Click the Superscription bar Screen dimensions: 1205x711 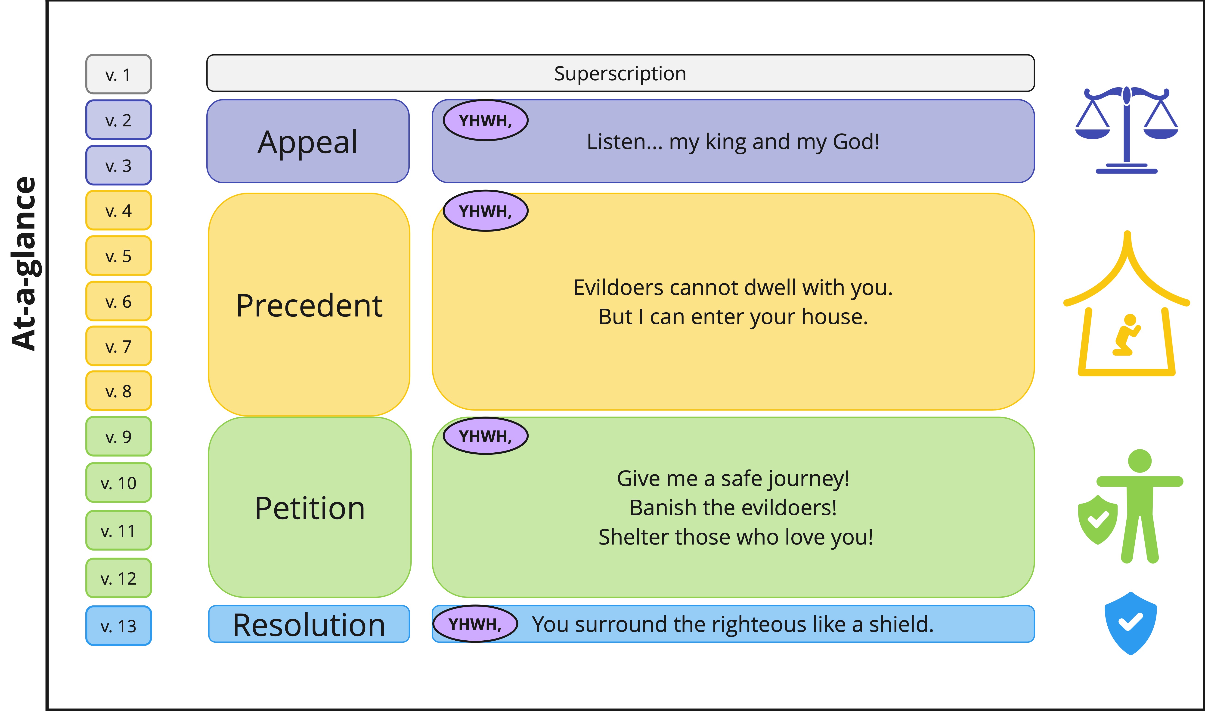(x=620, y=73)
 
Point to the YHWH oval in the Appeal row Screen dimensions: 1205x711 (x=486, y=120)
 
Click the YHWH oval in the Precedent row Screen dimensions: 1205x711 (x=486, y=211)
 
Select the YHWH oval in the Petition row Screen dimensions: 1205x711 (x=486, y=436)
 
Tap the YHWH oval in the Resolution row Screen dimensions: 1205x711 (x=475, y=624)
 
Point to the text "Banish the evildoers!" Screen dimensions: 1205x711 (x=733, y=507)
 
